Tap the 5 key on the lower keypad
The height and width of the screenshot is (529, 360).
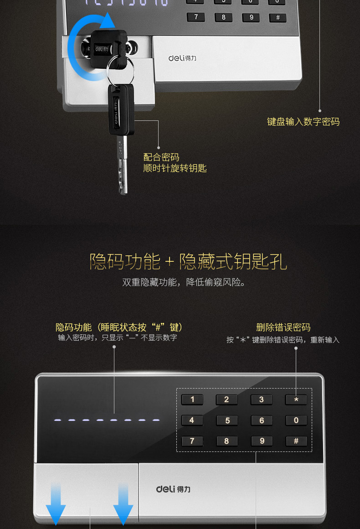(227, 420)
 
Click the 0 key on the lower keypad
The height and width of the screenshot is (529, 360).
(296, 420)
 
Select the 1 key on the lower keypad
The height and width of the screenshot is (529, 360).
(192, 399)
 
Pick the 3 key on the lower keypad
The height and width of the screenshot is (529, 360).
(261, 399)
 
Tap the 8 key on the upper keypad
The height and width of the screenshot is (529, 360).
(223, 17)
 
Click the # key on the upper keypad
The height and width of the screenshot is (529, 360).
(278, 17)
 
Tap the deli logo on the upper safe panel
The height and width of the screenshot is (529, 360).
(182, 58)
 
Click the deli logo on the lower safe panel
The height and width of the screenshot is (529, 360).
(173, 489)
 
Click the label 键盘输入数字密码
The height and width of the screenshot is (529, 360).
(303, 121)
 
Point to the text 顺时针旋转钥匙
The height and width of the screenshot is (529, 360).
(175, 168)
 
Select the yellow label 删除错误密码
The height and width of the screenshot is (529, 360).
(283, 327)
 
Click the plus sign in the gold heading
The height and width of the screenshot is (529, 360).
(170, 262)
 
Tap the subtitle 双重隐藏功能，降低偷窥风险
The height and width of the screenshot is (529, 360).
(184, 282)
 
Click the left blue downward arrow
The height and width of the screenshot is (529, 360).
(56, 504)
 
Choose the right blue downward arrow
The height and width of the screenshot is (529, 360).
(123, 504)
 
